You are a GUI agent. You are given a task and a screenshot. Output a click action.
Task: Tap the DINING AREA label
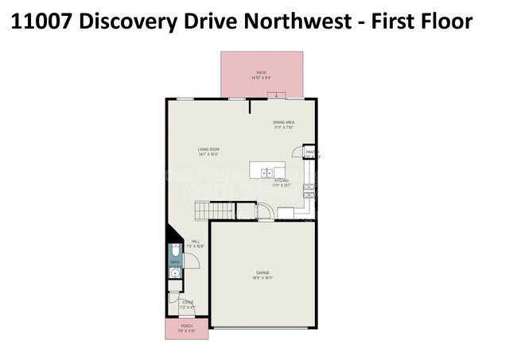[x=284, y=123]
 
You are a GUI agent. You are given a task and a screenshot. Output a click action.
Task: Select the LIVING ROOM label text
[x=208, y=151]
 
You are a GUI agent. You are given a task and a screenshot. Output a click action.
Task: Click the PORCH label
[x=186, y=327]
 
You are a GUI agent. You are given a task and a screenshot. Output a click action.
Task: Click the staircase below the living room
[x=216, y=211]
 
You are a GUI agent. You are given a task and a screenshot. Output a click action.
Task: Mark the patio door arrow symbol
[x=278, y=95]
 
